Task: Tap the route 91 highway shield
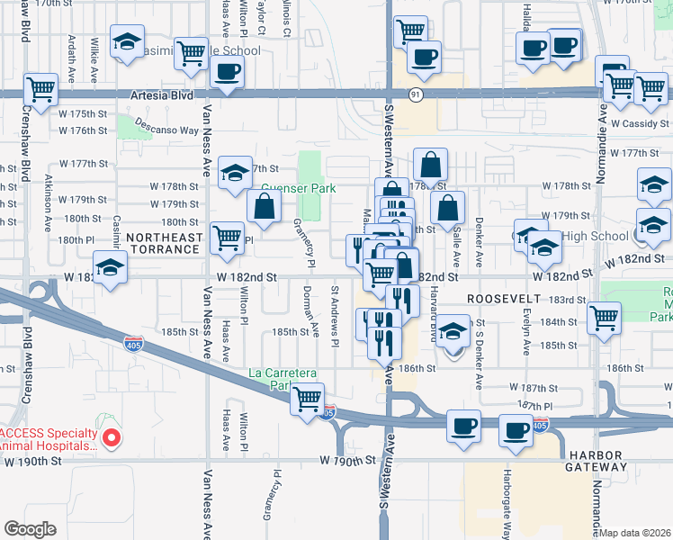415,93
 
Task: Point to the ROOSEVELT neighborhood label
504,297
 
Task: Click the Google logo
30,529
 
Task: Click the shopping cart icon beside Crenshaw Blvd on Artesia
40,89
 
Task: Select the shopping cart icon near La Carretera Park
308,397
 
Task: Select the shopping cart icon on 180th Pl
227,238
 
